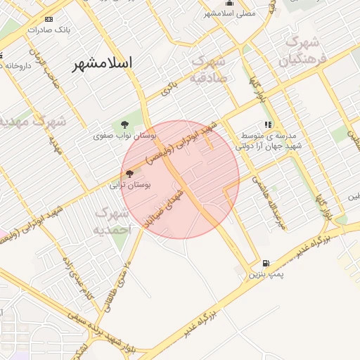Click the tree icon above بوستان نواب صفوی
(125, 124)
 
